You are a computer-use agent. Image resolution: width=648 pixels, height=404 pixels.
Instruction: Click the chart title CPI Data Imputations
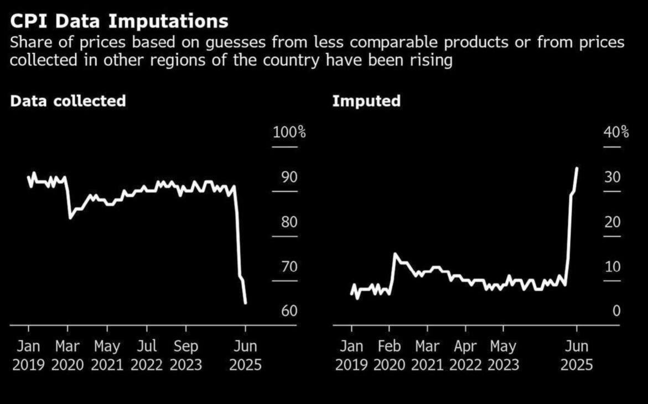[x=119, y=21]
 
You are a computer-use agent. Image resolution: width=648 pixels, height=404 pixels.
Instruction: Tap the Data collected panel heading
[x=68, y=101]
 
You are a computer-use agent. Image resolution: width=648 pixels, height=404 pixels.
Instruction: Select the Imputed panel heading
[x=366, y=101]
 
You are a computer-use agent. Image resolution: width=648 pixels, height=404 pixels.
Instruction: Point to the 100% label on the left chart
[x=289, y=133]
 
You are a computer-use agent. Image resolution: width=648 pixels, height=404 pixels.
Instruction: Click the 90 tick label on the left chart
[x=289, y=177]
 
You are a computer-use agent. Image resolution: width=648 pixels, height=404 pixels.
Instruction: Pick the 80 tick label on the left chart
[x=289, y=222]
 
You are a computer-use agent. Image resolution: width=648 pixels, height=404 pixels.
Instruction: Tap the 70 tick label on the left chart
[x=289, y=267]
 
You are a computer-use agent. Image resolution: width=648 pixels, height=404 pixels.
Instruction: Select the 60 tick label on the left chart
[x=289, y=311]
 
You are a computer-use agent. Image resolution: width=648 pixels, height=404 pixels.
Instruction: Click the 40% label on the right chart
[x=616, y=133]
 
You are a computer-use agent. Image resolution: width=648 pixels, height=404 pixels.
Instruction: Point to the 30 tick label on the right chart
[x=612, y=177]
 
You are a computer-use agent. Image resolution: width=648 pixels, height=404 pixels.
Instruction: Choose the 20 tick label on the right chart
[x=612, y=222]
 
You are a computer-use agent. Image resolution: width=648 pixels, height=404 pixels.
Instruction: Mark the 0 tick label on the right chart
[x=616, y=311]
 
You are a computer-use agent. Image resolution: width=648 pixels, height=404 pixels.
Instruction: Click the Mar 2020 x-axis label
[x=68, y=356]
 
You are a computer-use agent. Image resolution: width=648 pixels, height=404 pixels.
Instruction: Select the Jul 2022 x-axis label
[x=147, y=356]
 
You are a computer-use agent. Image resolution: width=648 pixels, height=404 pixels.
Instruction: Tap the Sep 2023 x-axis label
[x=186, y=356]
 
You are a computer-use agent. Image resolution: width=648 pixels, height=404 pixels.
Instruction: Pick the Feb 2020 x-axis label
[x=390, y=356]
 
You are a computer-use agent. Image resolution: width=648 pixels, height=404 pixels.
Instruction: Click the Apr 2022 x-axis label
[x=465, y=356]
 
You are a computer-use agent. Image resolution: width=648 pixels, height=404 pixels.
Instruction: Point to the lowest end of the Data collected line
[x=245, y=302]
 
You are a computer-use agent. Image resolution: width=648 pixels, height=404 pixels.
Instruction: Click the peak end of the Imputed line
[x=577, y=168]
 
